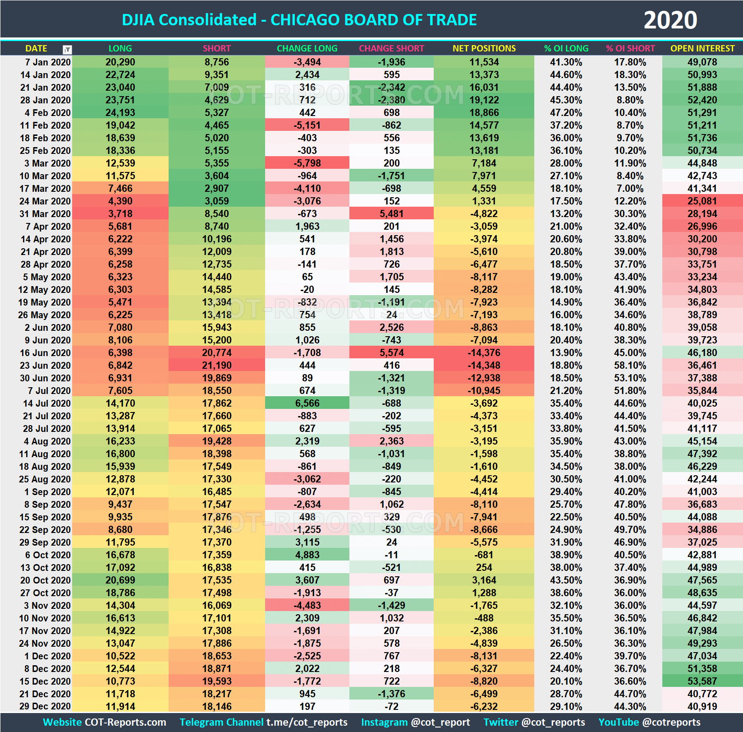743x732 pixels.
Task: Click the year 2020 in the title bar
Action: point(670,20)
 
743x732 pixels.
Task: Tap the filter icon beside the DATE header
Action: point(67,49)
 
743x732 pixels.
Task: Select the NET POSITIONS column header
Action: point(484,48)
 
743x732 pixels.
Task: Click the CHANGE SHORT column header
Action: point(391,48)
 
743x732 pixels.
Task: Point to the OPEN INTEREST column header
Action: point(702,48)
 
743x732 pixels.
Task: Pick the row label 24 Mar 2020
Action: point(45,201)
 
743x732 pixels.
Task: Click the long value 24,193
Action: point(120,113)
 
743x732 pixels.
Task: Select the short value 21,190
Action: point(216,366)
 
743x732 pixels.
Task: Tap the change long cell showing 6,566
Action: point(307,403)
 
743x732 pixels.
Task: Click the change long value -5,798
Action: point(307,163)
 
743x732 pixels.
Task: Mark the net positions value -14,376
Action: point(484,353)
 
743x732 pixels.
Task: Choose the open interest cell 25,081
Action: point(702,201)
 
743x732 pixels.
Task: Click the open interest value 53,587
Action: point(702,681)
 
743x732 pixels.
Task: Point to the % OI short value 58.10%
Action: point(630,366)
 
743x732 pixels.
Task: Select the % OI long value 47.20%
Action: point(566,113)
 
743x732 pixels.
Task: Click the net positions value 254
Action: point(484,568)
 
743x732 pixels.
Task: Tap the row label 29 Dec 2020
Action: point(45,707)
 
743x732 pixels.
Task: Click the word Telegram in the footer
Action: point(199,722)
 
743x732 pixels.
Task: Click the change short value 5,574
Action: point(391,353)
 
